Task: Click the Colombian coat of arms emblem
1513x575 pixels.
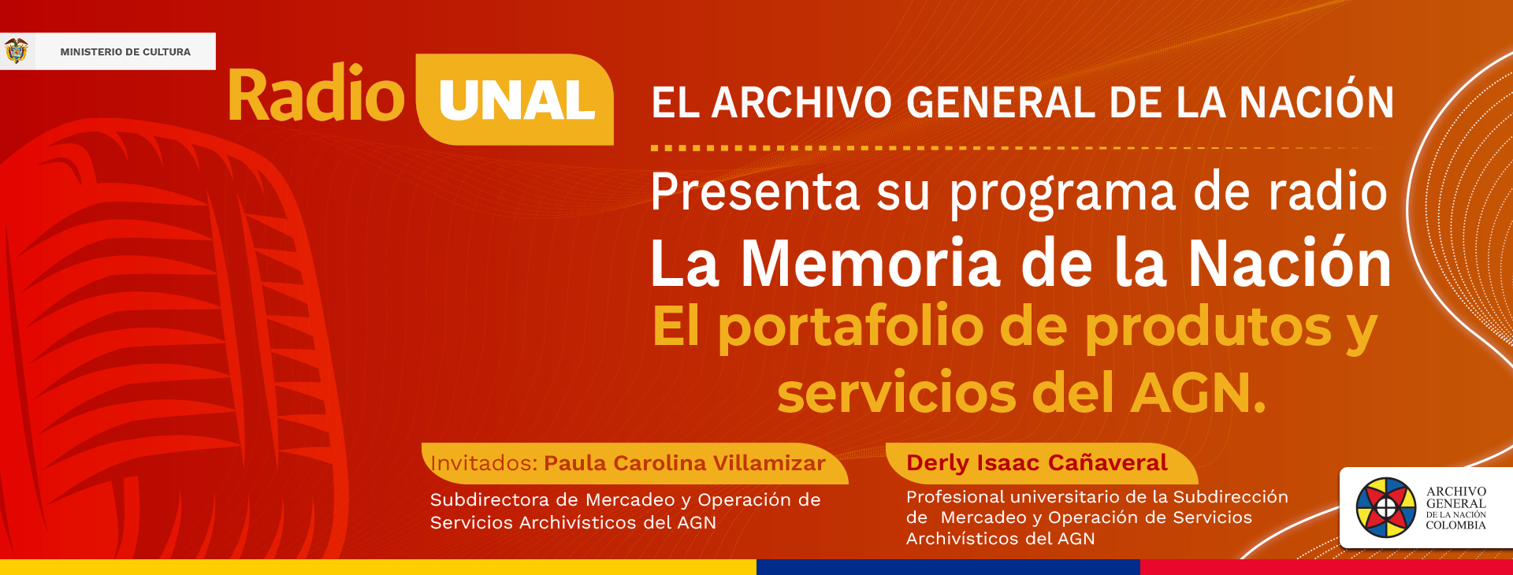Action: click(16, 50)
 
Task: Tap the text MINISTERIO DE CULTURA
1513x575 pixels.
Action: click(125, 52)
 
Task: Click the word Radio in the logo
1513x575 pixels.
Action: click(316, 95)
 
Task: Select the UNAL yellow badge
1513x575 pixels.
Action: click(515, 99)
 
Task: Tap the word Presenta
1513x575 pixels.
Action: click(755, 191)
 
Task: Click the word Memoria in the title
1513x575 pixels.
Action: click(871, 263)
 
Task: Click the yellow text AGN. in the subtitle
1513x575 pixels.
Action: click(1198, 393)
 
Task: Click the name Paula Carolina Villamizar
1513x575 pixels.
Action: click(685, 463)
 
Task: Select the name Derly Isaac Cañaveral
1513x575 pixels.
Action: click(1036, 462)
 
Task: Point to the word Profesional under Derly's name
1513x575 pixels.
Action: click(955, 497)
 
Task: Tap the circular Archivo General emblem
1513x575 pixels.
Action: click(1386, 507)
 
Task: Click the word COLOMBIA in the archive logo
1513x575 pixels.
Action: click(1455, 525)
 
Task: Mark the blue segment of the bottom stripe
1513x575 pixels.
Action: click(948, 567)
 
